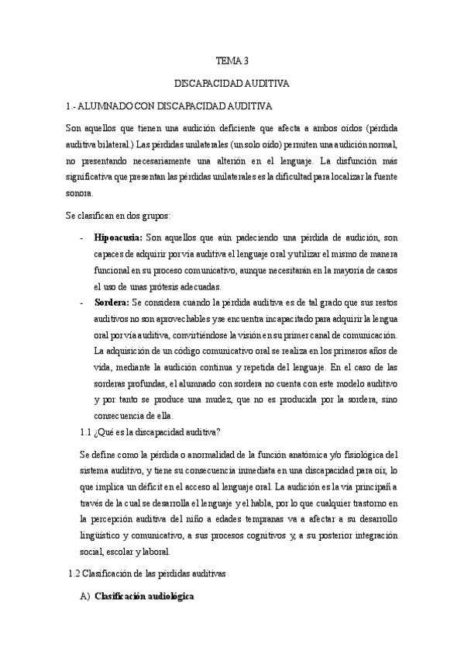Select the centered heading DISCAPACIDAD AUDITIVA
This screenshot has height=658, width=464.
(x=232, y=82)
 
